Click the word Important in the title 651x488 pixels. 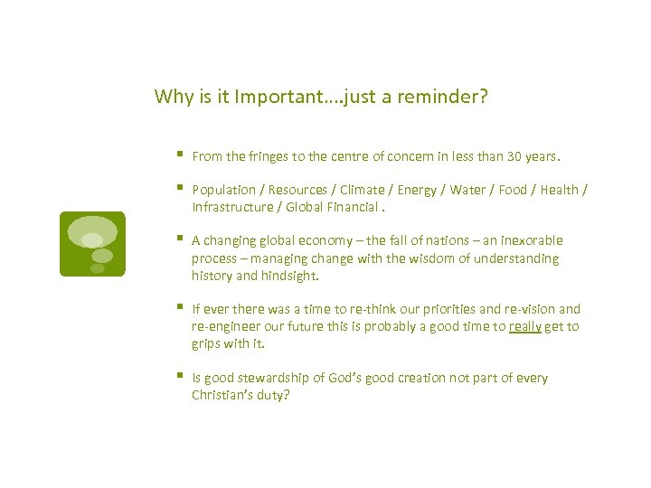pos(273,97)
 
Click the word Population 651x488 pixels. pos(224,190)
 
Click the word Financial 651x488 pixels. pos(357,207)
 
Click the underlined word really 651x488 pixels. pos(524,326)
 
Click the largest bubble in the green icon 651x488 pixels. pos(92,230)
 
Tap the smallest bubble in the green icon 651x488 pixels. pos(98,268)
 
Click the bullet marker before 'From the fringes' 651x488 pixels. pos(181,155)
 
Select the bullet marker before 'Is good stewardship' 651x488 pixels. pos(181,377)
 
